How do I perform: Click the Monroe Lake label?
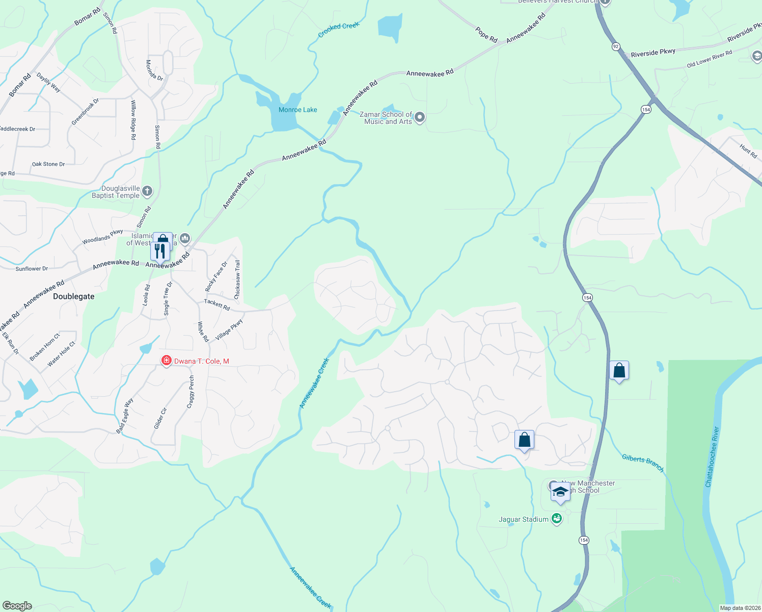[x=297, y=110]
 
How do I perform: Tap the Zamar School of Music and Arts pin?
[x=420, y=118]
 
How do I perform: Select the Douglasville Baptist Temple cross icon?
[x=147, y=192]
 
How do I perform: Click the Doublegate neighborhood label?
[x=74, y=296]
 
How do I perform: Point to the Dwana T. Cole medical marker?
[x=166, y=361]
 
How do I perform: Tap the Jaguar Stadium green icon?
[x=557, y=519]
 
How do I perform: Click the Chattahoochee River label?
[x=712, y=457]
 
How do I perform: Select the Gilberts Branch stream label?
[x=643, y=462]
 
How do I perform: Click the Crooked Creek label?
[x=339, y=30]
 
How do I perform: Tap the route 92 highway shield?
[x=616, y=46]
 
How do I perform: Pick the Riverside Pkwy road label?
[x=653, y=53]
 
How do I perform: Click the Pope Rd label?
[x=486, y=35]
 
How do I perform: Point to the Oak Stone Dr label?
[x=48, y=164]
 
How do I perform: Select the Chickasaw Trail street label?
[x=237, y=279]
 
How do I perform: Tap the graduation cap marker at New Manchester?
[x=560, y=493]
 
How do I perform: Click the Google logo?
[x=17, y=605]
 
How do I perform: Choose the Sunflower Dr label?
[x=32, y=269]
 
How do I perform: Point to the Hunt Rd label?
[x=748, y=151]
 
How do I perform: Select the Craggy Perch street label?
[x=191, y=392]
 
